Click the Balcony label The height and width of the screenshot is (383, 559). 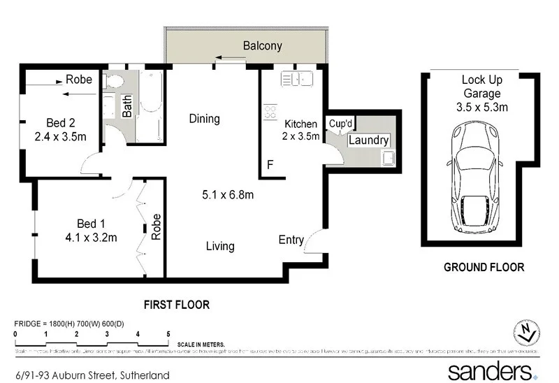pos(262,46)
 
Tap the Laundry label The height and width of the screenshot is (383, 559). pos(368,140)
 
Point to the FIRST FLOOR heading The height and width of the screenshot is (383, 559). pos(176,305)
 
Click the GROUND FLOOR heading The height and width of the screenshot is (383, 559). pos(484,267)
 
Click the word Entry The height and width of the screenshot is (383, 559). pos(291,240)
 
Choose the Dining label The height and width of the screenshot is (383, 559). pos(205,119)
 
